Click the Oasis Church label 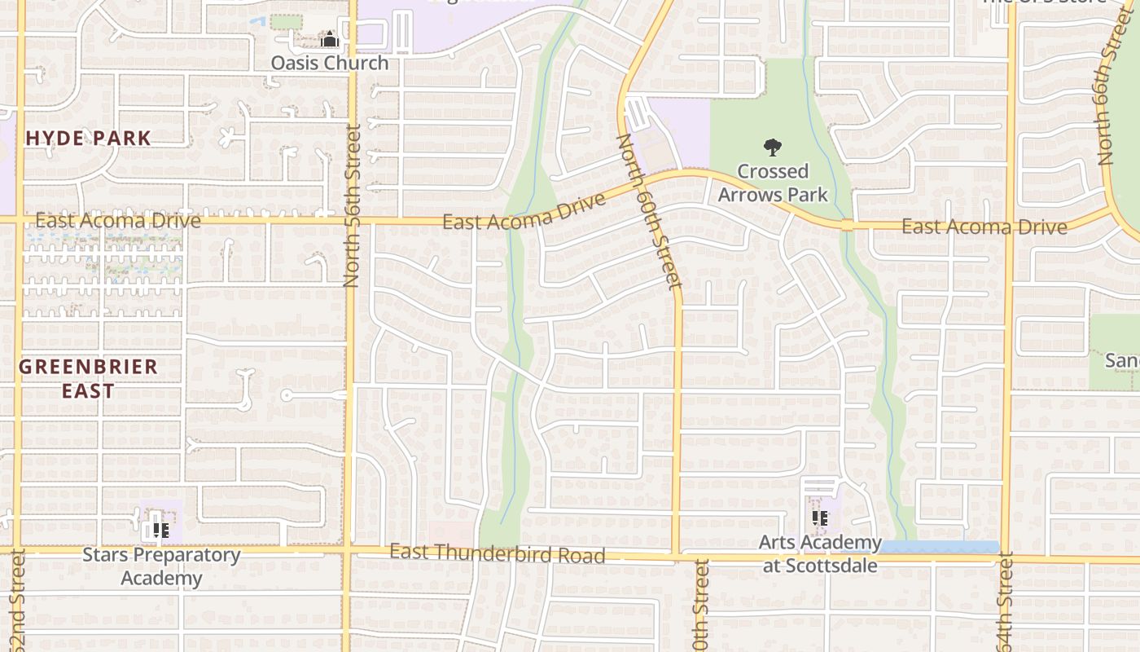tap(329, 63)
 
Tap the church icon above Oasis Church tap(329, 39)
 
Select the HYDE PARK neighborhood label tap(88, 138)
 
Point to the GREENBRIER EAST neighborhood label tap(88, 378)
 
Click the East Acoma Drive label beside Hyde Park tap(118, 220)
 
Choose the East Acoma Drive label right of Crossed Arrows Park tap(984, 227)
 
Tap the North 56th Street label tap(352, 205)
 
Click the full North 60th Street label tap(649, 212)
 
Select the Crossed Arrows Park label tap(772, 183)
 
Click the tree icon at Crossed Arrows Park tap(772, 148)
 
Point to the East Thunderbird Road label tap(497, 553)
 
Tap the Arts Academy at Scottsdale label tap(820, 553)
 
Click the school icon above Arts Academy tap(820, 518)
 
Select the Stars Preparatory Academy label tap(161, 566)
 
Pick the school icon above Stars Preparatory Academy tap(161, 531)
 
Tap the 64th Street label tap(1005, 603)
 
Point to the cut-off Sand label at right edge tap(1122, 359)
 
